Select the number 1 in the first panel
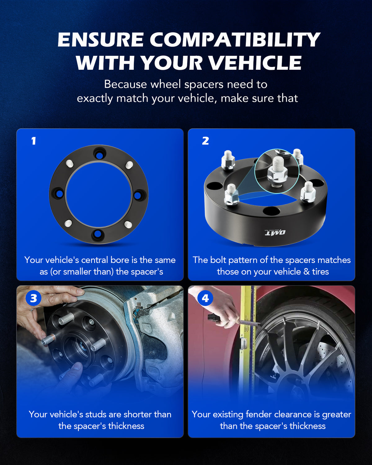click(x=33, y=141)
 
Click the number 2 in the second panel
click(x=205, y=141)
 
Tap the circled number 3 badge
click(x=33, y=298)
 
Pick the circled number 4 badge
click(x=205, y=298)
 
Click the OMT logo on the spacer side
click(x=275, y=232)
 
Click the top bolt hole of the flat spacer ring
click(x=100, y=155)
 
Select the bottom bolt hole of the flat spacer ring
click(x=98, y=234)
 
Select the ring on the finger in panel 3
click(x=32, y=310)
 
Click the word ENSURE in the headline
click(x=100, y=40)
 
